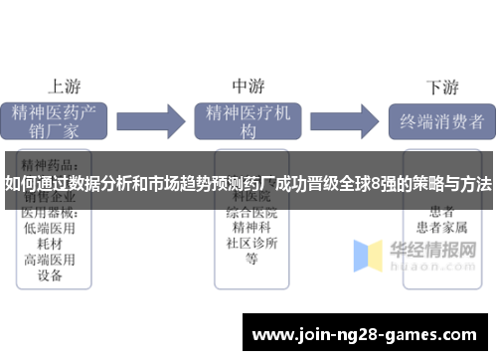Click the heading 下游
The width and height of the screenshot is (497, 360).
click(441, 86)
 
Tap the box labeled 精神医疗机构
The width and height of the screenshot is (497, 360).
click(248, 121)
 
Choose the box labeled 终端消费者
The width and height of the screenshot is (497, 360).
click(440, 121)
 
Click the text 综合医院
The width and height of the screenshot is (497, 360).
click(251, 212)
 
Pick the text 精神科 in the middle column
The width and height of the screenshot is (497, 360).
click(251, 228)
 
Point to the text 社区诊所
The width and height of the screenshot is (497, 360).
click(251, 244)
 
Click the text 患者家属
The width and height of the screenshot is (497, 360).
click(440, 228)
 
